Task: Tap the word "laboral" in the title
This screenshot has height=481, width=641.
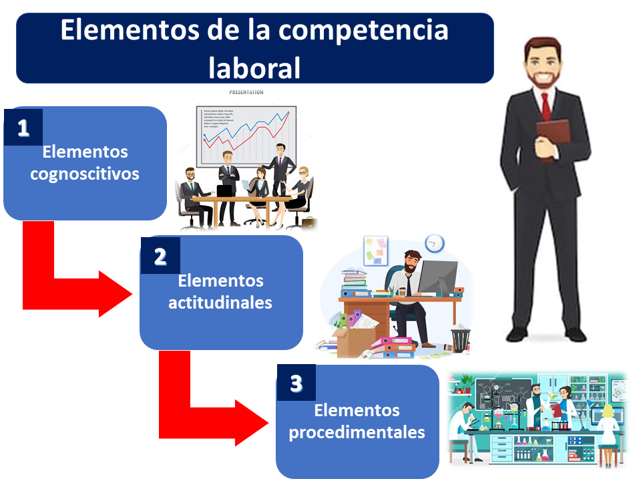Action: click(254, 67)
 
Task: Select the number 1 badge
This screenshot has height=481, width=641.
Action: click(23, 127)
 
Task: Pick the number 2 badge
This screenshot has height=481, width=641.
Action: click(160, 256)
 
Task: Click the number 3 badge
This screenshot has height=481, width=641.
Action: click(296, 383)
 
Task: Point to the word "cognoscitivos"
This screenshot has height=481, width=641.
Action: click(85, 174)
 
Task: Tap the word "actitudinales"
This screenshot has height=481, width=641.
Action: click(220, 302)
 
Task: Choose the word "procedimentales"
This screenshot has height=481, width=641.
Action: click(357, 432)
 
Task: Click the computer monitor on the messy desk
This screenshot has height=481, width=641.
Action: click(437, 275)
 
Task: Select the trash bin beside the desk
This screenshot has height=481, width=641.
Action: click(461, 338)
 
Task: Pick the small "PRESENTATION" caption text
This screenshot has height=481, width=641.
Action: click(246, 92)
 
